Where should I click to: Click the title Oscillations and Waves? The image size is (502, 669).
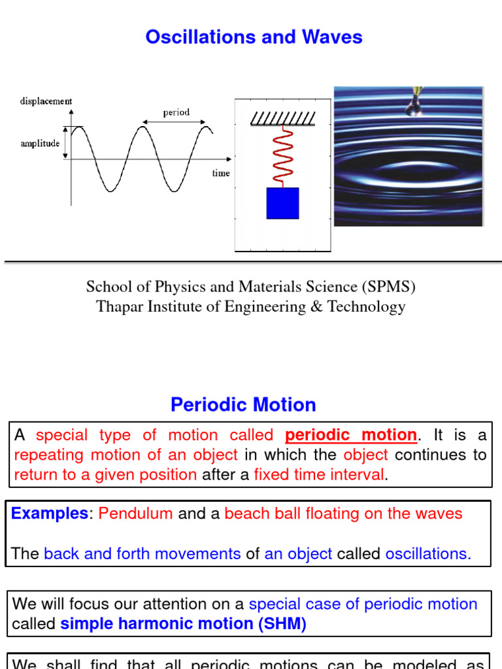[x=254, y=37]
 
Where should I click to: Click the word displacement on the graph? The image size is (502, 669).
[x=46, y=101]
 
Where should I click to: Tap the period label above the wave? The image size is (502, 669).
[x=176, y=112]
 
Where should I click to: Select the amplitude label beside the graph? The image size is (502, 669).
[x=41, y=144]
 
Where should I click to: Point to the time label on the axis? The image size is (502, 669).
[x=220, y=173]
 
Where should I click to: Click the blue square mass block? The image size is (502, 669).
[x=282, y=203]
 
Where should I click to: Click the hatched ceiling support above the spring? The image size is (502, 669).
[x=283, y=118]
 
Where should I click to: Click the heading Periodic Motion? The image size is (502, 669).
[x=243, y=405]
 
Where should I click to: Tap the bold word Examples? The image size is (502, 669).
[x=49, y=514]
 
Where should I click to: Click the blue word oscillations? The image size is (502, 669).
[x=428, y=554]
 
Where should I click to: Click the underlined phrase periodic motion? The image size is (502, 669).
[x=351, y=435]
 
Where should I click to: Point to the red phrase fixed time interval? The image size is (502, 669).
[x=320, y=475]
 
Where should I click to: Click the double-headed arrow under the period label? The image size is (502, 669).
[x=176, y=122]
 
